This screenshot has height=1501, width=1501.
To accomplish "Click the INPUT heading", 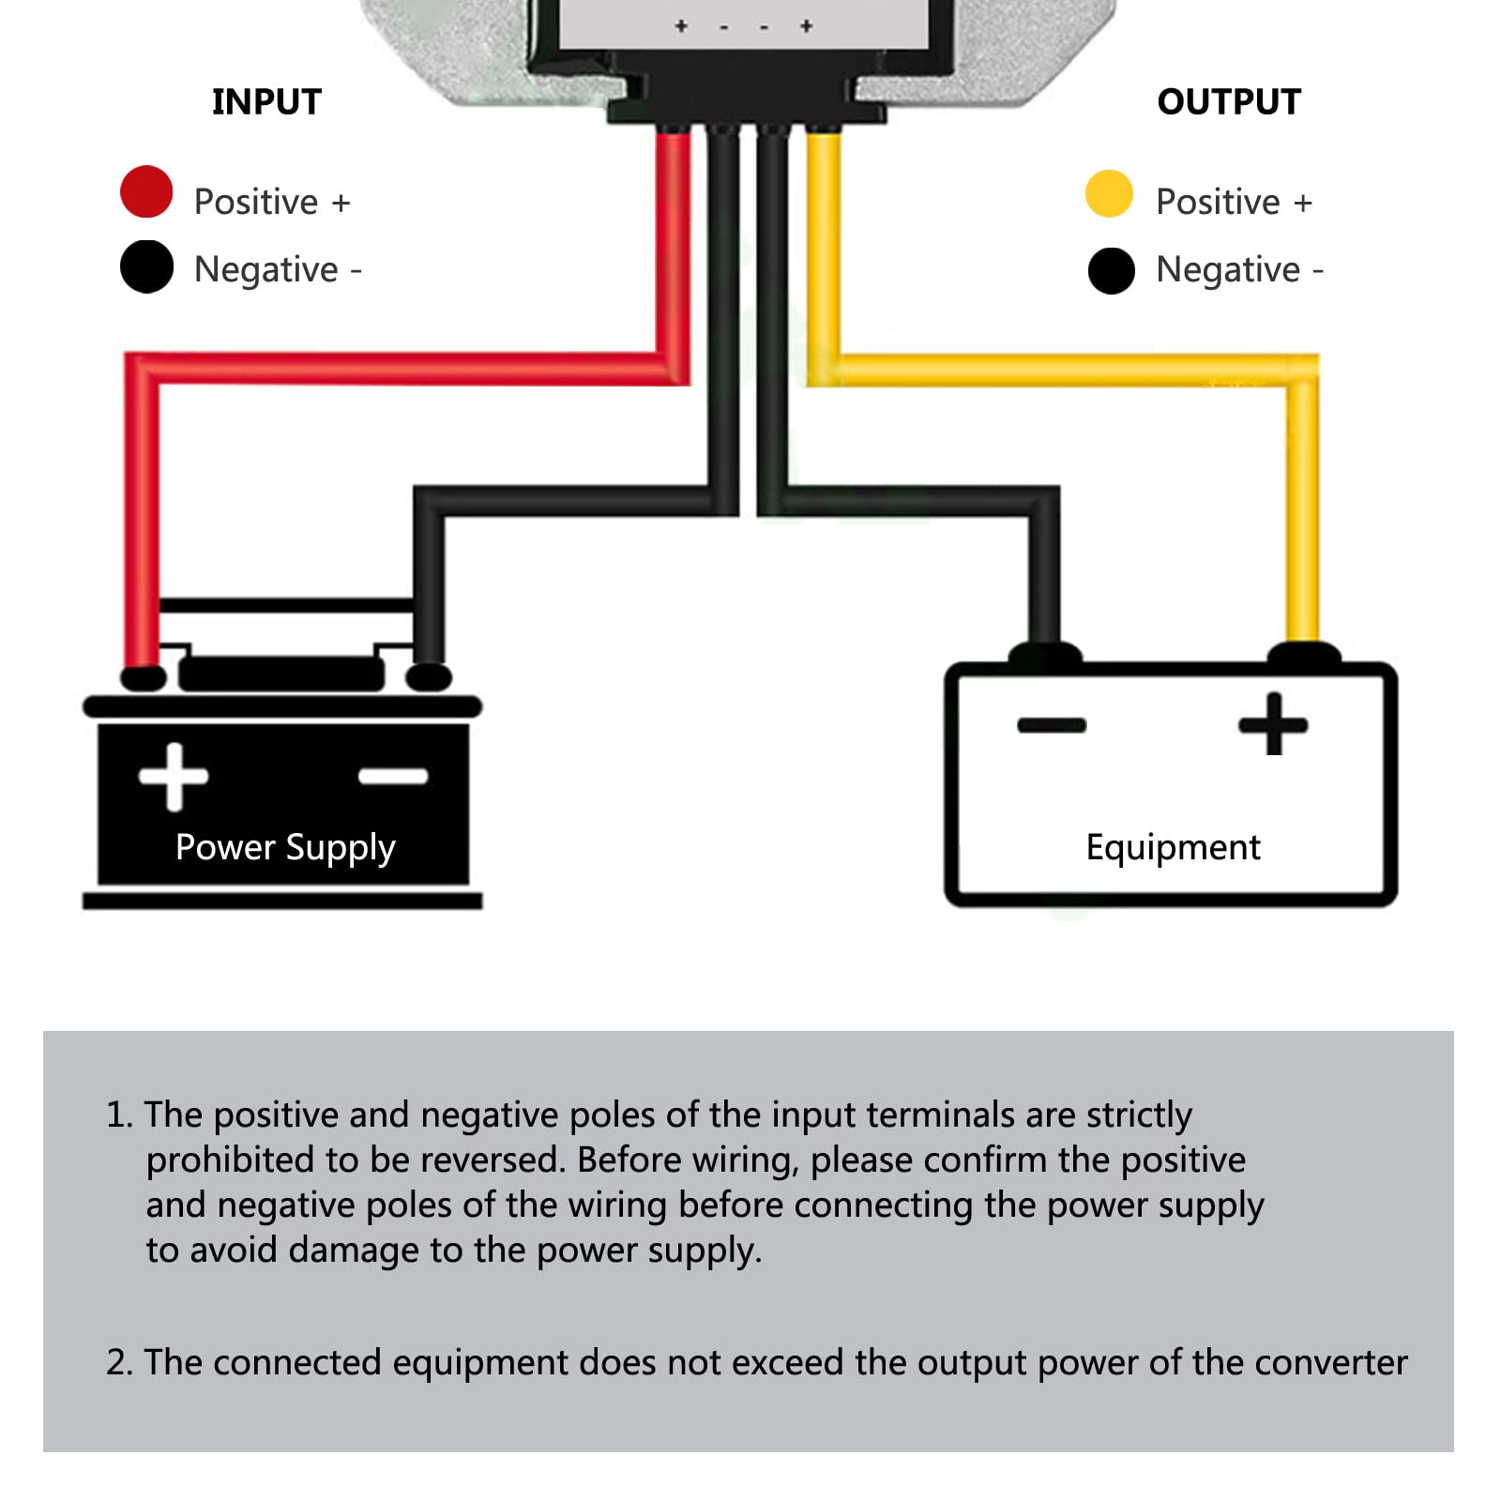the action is (266, 101).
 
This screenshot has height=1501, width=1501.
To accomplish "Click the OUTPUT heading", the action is (1229, 101).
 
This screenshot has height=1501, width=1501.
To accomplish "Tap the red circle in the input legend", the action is (146, 192).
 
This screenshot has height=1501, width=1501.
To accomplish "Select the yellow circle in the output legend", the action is (1109, 194).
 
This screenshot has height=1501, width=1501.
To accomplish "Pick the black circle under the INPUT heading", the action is (146, 266).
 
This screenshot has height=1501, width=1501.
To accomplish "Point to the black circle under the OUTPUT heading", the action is (1112, 271).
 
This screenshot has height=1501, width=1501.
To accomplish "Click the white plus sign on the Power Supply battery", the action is (174, 776).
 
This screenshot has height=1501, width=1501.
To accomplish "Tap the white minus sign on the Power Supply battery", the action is (394, 776).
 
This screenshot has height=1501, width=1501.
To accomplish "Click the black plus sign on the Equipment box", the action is (1273, 723).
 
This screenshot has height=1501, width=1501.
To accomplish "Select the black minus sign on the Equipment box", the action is (1052, 724).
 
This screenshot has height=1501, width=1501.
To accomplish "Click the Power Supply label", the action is (285, 847).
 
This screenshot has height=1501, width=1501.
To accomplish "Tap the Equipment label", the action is (1173, 847).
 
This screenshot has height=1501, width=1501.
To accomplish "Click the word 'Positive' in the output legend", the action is (1218, 202).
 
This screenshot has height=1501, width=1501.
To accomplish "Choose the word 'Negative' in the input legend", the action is (265, 269).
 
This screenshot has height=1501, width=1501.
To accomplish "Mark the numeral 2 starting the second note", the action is (116, 1362).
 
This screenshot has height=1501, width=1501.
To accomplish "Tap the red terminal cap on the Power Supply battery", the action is (144, 677).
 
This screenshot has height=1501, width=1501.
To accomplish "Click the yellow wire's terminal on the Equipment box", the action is (1304, 653).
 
